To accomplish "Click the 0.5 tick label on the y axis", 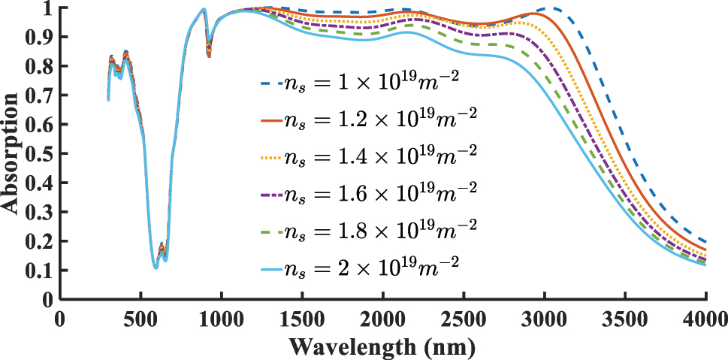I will point(40,154).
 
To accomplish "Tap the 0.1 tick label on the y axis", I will point(40,270).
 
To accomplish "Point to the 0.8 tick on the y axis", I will point(40,67).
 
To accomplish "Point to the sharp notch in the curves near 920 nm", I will point(208,53).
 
